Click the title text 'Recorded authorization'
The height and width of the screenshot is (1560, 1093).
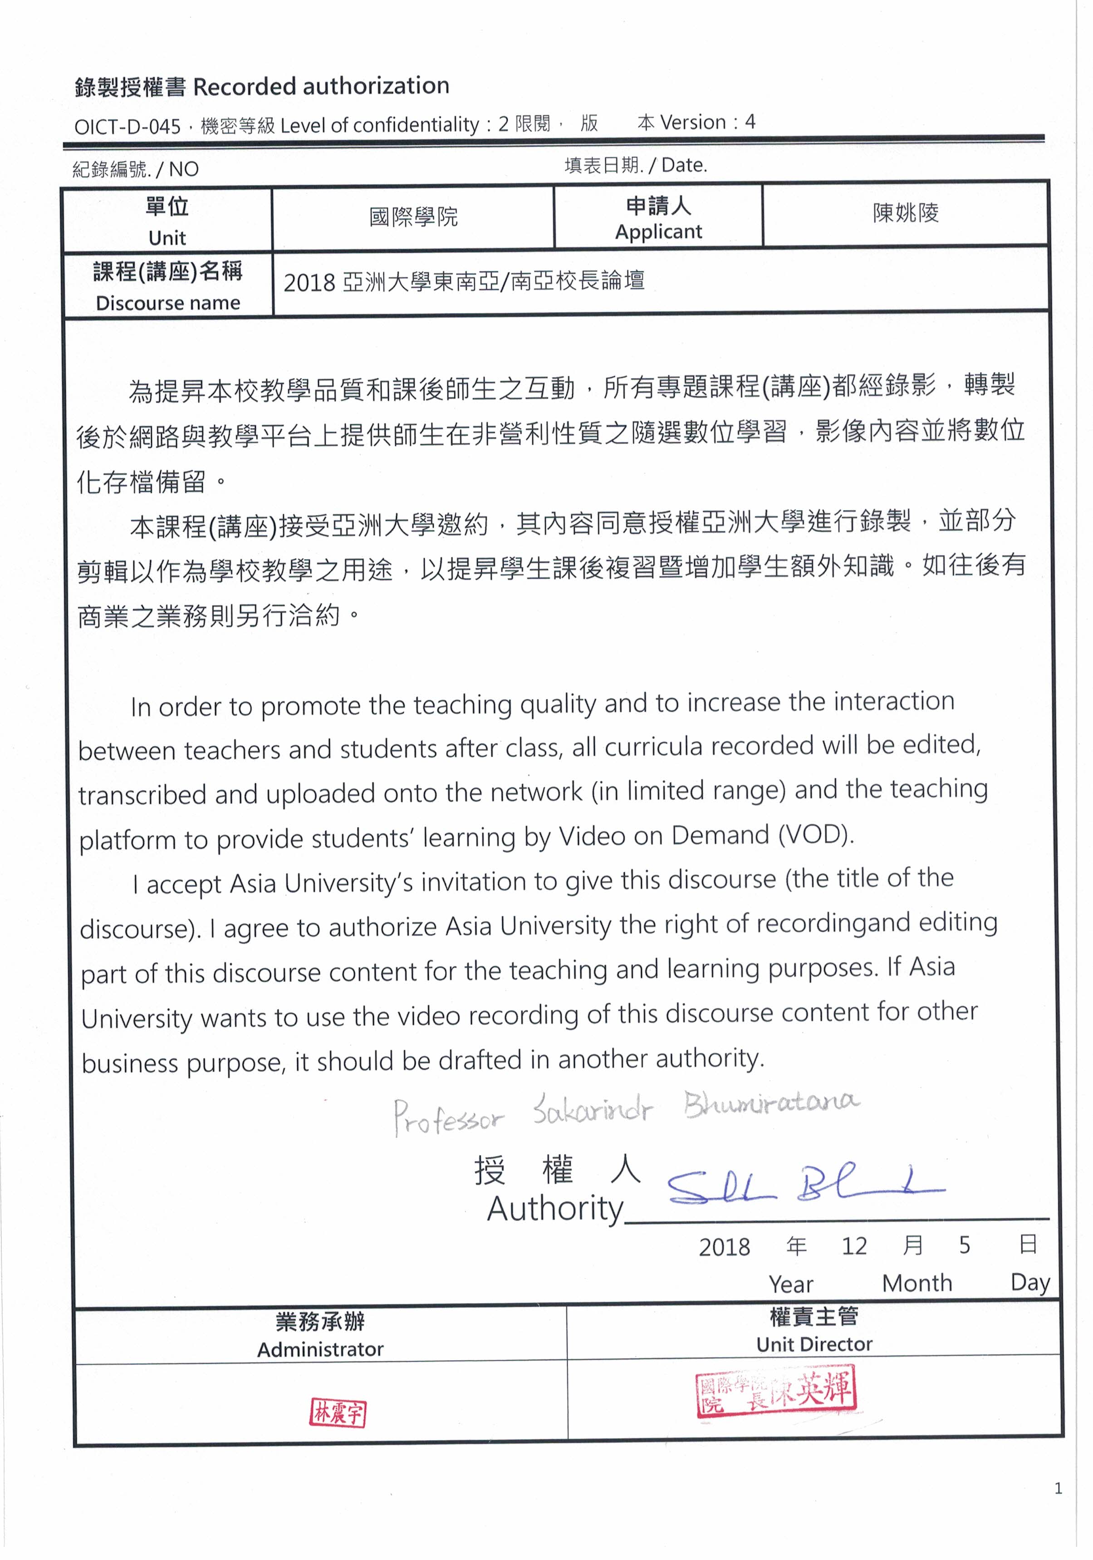(321, 86)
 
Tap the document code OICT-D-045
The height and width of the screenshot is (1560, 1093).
(127, 126)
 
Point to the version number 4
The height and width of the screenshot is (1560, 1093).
(750, 122)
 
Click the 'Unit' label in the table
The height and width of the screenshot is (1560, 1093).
(167, 238)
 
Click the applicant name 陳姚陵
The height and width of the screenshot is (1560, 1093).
(906, 213)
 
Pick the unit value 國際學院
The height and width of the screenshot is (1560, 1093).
(413, 217)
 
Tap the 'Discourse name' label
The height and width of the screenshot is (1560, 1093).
(168, 303)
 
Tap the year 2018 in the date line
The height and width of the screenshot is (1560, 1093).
(724, 1247)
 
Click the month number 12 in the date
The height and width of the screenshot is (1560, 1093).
(854, 1245)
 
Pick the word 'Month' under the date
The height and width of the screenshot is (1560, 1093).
(917, 1283)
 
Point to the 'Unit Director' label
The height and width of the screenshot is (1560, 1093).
(814, 1344)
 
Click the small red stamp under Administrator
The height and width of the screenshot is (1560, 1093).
(338, 1413)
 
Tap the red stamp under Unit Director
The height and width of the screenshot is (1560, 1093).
(776, 1390)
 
